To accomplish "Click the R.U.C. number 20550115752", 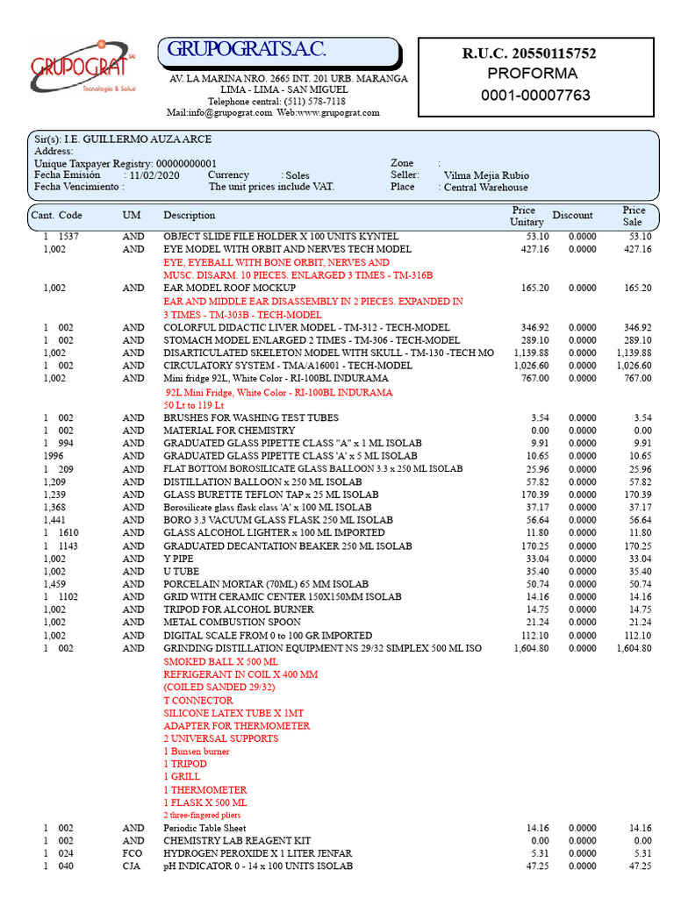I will coord(529,53).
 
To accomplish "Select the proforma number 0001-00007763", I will coord(535,95).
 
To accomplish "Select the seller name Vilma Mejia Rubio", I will coord(486,175).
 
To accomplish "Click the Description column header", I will coord(189,216).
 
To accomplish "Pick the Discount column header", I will coord(572,216).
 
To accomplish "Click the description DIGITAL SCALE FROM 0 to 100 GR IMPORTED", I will coord(268,636).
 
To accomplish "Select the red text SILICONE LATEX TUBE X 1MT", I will coord(233,714).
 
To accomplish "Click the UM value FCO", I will coord(133,853).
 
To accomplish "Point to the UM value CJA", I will coord(133,866).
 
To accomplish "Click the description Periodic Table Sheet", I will coord(204,828).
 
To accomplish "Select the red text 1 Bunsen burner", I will coord(197,752).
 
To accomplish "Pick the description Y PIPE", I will coord(178,559).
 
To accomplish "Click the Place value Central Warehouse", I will coord(485,188).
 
